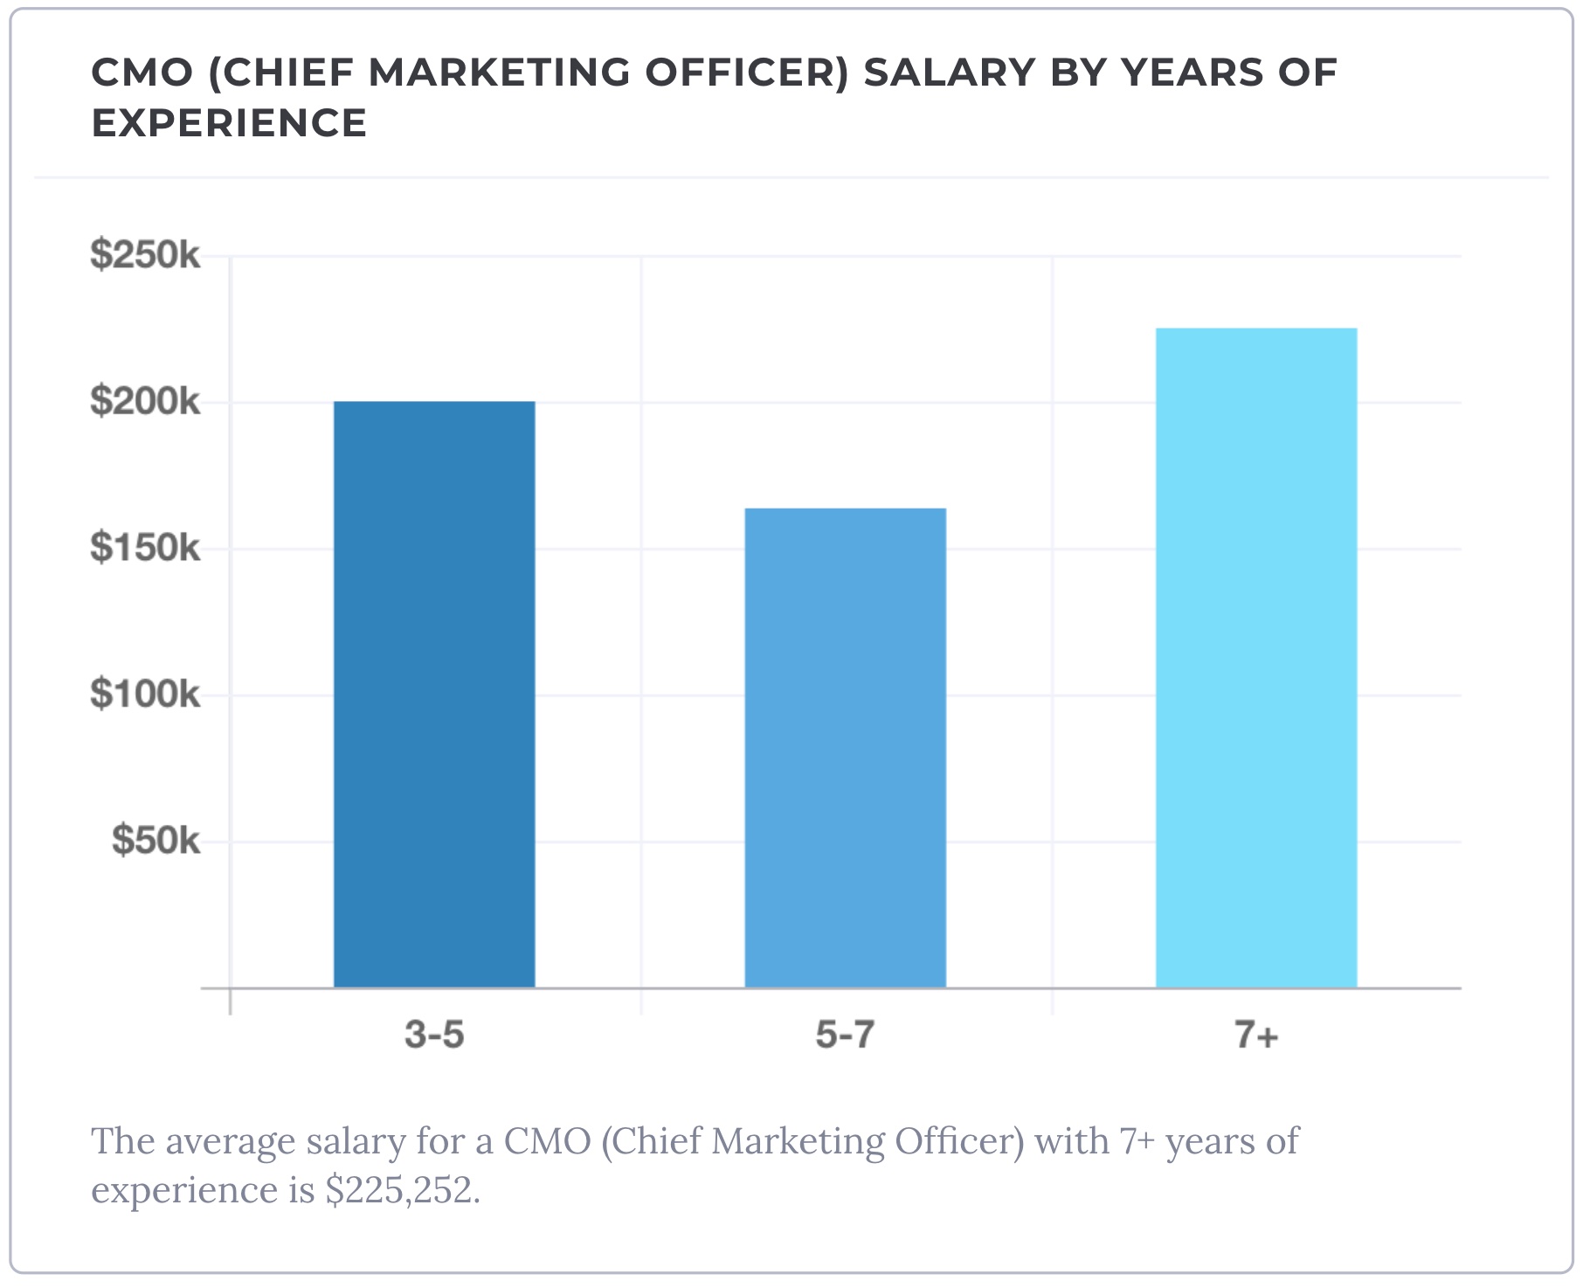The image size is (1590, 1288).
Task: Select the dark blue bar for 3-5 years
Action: click(434, 695)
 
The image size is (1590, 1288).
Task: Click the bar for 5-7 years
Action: click(845, 748)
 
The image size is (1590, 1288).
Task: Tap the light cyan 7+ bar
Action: click(1256, 658)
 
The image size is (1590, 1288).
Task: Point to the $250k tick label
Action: click(145, 255)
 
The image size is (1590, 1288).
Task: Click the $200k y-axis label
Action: click(145, 402)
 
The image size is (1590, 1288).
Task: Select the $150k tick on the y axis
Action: click(145, 548)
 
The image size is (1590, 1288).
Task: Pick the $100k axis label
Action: click(145, 695)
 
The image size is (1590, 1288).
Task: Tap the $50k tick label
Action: click(156, 841)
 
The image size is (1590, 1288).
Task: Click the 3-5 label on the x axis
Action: click(434, 1035)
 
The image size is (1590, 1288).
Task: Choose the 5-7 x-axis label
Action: click(845, 1035)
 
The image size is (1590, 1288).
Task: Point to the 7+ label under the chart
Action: click(1256, 1035)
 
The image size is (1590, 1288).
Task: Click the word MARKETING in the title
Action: click(499, 73)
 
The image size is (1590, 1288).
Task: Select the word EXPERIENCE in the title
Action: click(229, 123)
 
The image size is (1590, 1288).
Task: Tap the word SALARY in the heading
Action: click(950, 73)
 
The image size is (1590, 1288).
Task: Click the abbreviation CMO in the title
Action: click(142, 73)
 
